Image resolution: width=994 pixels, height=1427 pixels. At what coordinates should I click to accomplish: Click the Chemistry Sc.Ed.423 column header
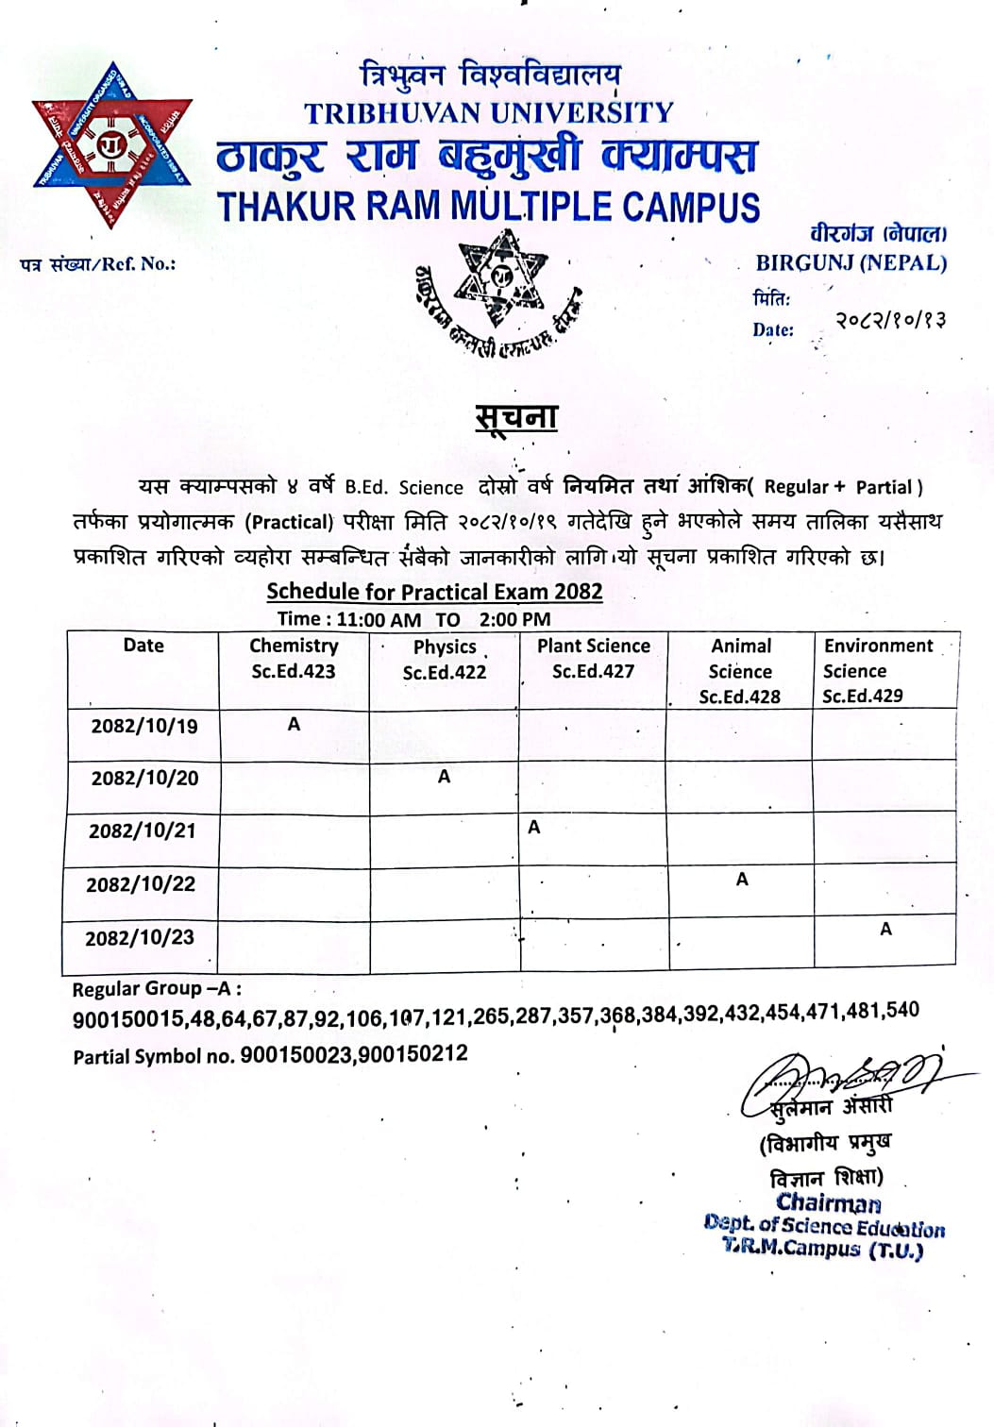coord(294,659)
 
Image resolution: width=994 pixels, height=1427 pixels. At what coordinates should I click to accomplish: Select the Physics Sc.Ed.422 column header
coord(444,660)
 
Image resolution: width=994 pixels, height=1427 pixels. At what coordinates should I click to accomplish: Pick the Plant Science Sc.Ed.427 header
coord(593,659)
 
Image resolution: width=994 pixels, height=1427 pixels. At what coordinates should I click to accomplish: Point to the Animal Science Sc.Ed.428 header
coord(740,671)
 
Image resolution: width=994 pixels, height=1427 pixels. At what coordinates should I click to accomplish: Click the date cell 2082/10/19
coord(144,726)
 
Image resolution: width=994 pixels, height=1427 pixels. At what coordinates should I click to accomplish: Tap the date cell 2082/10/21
coord(143,831)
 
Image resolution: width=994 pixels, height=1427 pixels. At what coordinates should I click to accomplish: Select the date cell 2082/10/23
coord(140,938)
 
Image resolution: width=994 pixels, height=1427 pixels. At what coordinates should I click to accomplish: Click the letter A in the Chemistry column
coord(294,724)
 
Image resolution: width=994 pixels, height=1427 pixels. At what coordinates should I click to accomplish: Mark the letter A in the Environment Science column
coord(885,929)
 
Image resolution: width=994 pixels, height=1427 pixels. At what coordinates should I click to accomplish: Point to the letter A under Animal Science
coord(742,880)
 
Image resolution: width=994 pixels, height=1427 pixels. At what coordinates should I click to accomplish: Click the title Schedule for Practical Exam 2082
coord(434,592)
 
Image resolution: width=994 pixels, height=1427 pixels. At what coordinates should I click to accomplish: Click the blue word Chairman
coord(828,1202)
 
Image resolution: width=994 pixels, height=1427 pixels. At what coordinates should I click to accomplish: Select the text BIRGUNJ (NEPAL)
coord(851,263)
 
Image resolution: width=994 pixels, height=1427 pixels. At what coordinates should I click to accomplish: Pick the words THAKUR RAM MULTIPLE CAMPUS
coord(488,206)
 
